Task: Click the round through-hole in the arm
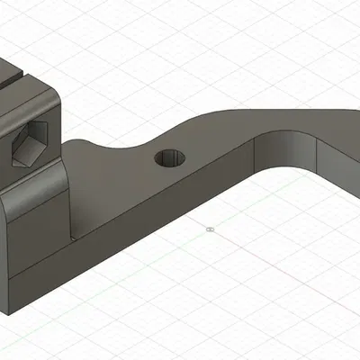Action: tap(170, 158)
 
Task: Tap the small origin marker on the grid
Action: tap(209, 229)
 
